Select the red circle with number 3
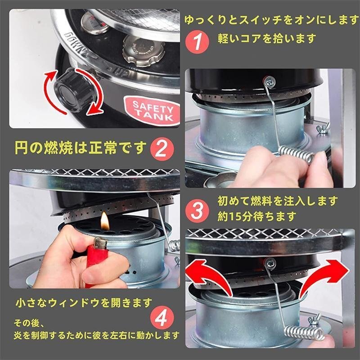coord(197,210)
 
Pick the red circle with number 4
coord(160,318)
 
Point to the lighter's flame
coord(104,220)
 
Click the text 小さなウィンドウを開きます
coord(84,301)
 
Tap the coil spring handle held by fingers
coord(297,155)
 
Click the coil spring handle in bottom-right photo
coord(305,332)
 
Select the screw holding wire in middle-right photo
coord(270,81)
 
